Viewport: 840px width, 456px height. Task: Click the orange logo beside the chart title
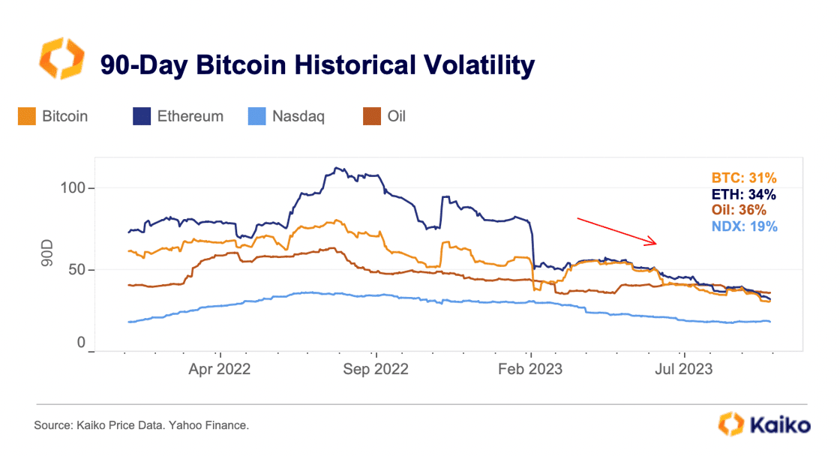(x=63, y=61)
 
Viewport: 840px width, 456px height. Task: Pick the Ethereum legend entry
(x=179, y=116)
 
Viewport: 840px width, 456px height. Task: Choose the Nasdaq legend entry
(x=286, y=116)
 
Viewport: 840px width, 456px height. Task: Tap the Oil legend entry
(x=385, y=116)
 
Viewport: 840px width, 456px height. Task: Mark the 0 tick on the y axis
(x=82, y=343)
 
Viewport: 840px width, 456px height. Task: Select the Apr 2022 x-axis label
(x=219, y=369)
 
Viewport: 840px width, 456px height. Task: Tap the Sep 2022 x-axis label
(x=375, y=369)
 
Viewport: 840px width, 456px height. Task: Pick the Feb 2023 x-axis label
(x=530, y=369)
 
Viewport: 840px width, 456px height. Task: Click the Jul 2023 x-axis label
(x=685, y=369)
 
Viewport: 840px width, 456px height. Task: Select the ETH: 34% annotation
(x=745, y=194)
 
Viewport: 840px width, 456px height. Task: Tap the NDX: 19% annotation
(x=745, y=226)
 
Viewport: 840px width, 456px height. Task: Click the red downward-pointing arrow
(x=616, y=231)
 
